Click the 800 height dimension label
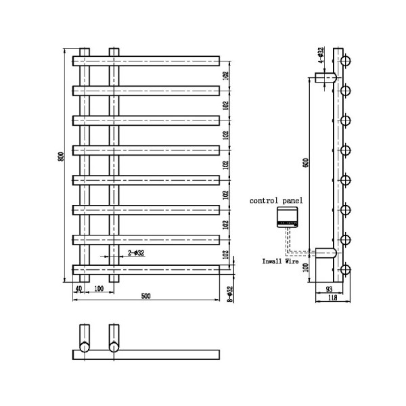pyautogui.click(x=61, y=156)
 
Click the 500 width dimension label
pyautogui.click(x=146, y=296)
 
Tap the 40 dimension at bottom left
pyautogui.click(x=79, y=289)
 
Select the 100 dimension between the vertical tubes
pyautogui.click(x=99, y=289)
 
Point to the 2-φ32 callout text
pyautogui.click(x=135, y=253)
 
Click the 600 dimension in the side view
pyautogui.click(x=306, y=164)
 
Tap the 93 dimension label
pyautogui.click(x=330, y=289)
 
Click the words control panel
pyautogui.click(x=276, y=201)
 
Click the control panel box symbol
pyautogui.click(x=288, y=217)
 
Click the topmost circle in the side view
pyautogui.click(x=346, y=61)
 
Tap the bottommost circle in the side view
pyautogui.click(x=346, y=271)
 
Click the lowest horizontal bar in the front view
pyautogui.click(x=145, y=269)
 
